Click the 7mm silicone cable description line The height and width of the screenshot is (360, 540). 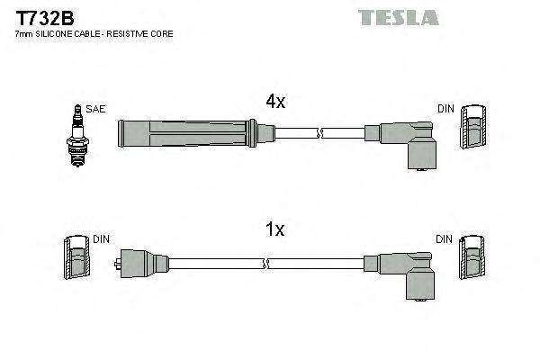point(95,33)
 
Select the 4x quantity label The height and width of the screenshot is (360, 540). point(274,103)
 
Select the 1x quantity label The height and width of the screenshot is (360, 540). point(274,230)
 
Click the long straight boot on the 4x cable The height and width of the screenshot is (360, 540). point(193,134)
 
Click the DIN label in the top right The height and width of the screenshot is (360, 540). point(445,109)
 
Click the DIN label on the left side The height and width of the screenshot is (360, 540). point(101,239)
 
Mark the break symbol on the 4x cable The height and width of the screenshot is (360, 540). point(318,134)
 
